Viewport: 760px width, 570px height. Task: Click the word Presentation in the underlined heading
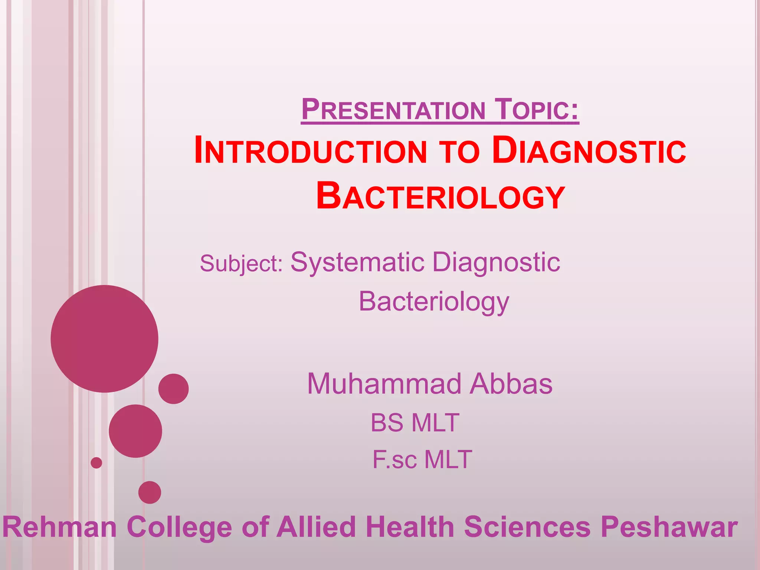pyautogui.click(x=393, y=109)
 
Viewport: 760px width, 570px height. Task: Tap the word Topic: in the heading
pyautogui.click(x=538, y=109)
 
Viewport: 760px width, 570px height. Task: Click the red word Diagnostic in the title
pyautogui.click(x=589, y=150)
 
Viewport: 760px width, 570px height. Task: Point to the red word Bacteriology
pyautogui.click(x=440, y=196)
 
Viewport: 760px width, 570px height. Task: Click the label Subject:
pyautogui.click(x=241, y=263)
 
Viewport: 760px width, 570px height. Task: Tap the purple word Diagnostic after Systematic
pyautogui.click(x=496, y=262)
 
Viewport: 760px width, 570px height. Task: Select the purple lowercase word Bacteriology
pyautogui.click(x=434, y=302)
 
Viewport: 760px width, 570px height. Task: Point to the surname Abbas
pyautogui.click(x=511, y=384)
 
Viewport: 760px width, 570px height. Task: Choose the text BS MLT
pyautogui.click(x=415, y=423)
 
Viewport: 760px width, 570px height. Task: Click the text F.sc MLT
pyautogui.click(x=422, y=459)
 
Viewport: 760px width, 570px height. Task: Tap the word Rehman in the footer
pyautogui.click(x=60, y=527)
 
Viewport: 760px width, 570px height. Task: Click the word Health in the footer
pyautogui.click(x=410, y=527)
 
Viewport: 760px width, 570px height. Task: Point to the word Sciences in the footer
pyautogui.click(x=527, y=527)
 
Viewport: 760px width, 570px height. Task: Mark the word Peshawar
pyautogui.click(x=669, y=527)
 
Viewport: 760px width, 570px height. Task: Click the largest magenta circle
pyautogui.click(x=104, y=338)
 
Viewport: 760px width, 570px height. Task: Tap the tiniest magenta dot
pyautogui.click(x=96, y=463)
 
